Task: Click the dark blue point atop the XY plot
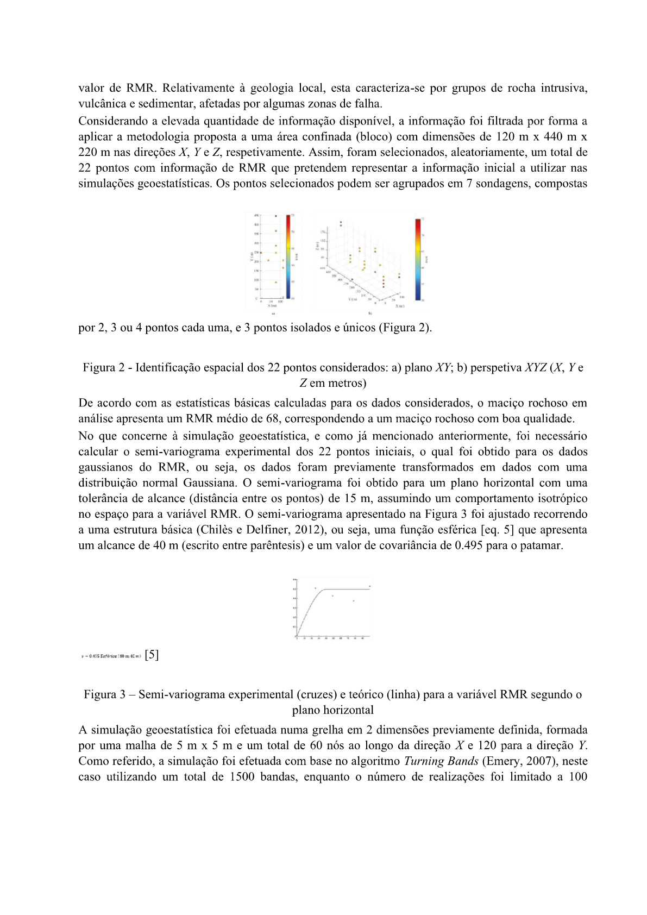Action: click(x=276, y=216)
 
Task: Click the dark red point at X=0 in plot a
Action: click(x=261, y=253)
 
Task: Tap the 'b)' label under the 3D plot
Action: click(x=370, y=314)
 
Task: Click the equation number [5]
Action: click(x=152, y=655)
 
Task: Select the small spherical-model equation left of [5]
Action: click(x=111, y=656)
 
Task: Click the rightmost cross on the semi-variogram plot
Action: click(x=370, y=586)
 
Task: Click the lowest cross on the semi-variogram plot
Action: click(x=354, y=600)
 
